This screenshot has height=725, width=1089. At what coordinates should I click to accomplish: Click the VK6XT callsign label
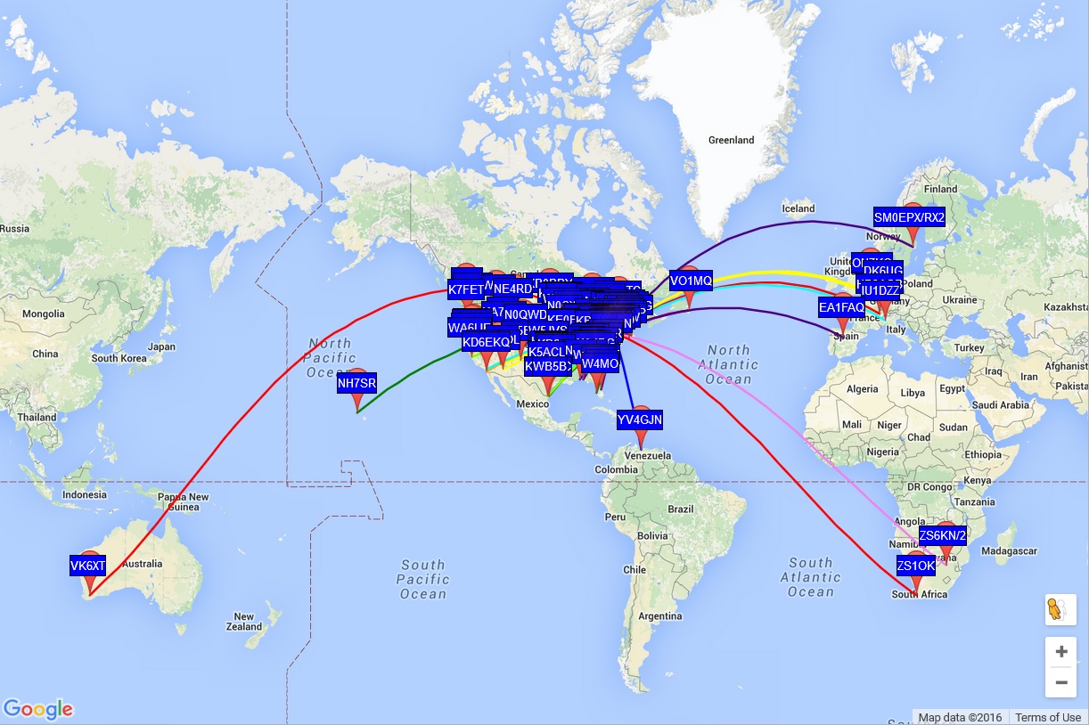pyautogui.click(x=88, y=566)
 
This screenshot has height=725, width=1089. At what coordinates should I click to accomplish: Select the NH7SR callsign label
pyautogui.click(x=356, y=384)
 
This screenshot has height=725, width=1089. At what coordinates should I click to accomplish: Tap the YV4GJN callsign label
pyautogui.click(x=640, y=420)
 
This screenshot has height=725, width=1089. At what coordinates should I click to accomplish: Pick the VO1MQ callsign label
pyautogui.click(x=691, y=281)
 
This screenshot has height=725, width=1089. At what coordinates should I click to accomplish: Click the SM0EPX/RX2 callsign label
pyautogui.click(x=909, y=217)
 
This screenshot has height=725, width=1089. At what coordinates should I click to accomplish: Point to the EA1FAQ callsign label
pyautogui.click(x=841, y=307)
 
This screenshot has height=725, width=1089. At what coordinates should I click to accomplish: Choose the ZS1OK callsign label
pyautogui.click(x=916, y=566)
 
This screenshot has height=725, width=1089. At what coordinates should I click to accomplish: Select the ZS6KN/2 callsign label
pyautogui.click(x=943, y=535)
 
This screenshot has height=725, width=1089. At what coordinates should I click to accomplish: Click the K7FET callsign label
pyautogui.click(x=465, y=289)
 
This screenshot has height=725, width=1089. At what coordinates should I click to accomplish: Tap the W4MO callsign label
pyautogui.click(x=600, y=363)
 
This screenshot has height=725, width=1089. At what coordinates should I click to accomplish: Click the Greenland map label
pyautogui.click(x=731, y=140)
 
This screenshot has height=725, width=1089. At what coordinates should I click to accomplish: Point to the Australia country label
pyautogui.click(x=143, y=564)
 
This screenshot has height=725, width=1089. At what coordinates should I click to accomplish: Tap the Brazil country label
pyautogui.click(x=680, y=509)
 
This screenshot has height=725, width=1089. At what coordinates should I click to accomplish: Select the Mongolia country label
pyautogui.click(x=43, y=314)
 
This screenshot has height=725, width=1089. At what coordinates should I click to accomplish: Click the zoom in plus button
pyautogui.click(x=1060, y=651)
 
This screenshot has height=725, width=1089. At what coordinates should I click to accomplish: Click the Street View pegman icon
pyautogui.click(x=1057, y=610)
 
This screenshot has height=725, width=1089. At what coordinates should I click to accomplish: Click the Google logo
pyautogui.click(x=37, y=709)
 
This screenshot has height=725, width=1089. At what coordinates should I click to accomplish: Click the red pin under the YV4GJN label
pyautogui.click(x=640, y=440)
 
